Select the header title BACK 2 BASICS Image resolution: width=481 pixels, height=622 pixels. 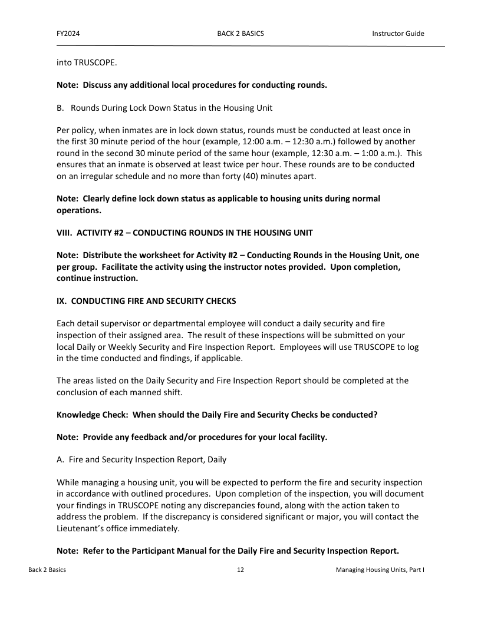pyautogui.click(x=240, y=34)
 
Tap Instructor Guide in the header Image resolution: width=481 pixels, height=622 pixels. pyautogui.click(x=398, y=34)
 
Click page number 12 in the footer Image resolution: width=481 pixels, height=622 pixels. pyautogui.click(x=240, y=570)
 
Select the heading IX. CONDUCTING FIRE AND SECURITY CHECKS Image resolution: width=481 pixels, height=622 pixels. pyautogui.click(x=146, y=301)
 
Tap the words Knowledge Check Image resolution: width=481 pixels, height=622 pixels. pyautogui.click(x=92, y=415)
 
